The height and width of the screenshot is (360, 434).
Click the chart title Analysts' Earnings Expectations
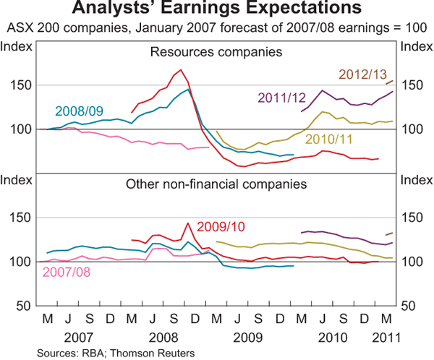click(x=216, y=9)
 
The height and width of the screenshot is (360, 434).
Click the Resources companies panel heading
click(x=216, y=52)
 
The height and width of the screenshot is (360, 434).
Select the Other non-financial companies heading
click(x=216, y=184)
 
